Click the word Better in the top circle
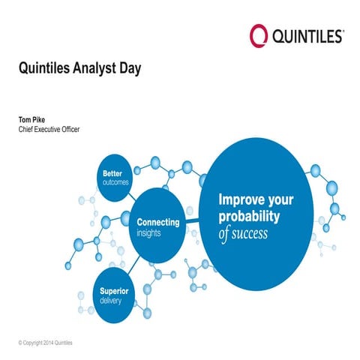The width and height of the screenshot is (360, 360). [112, 173]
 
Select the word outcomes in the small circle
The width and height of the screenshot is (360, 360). [116, 182]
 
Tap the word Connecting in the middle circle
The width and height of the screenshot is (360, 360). [157, 223]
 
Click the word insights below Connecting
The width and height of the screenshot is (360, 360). [150, 233]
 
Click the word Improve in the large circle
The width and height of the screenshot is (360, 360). [241, 200]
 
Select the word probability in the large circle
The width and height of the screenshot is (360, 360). [249, 217]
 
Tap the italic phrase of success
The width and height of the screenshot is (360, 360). [243, 234]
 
